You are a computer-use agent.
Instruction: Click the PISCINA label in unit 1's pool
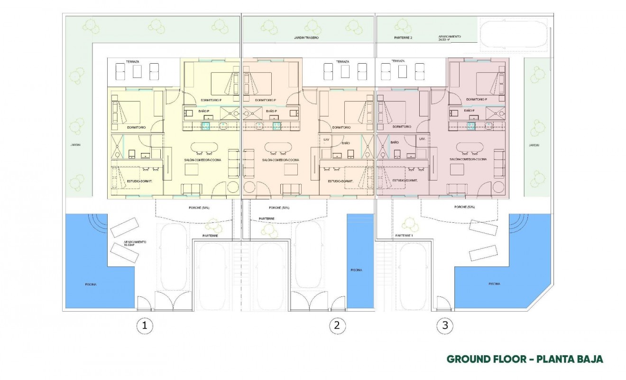pyautogui.click(x=91, y=284)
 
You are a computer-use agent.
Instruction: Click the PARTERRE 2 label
pyautogui.click(x=403, y=37)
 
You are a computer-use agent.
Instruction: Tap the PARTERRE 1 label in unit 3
pyautogui.click(x=405, y=236)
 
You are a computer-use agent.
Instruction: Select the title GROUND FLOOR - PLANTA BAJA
pyautogui.click(x=525, y=359)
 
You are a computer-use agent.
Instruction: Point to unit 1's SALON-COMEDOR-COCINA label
pyautogui.click(x=203, y=160)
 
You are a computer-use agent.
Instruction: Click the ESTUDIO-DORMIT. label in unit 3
pyautogui.click(x=405, y=181)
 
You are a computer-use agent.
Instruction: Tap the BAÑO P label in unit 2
pyautogui.click(x=271, y=111)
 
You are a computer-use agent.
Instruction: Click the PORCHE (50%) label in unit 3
pyautogui.click(x=464, y=207)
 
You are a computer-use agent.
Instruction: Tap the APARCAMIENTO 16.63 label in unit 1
pyautogui.click(x=135, y=243)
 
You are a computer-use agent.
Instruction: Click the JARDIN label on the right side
pyautogui.click(x=534, y=145)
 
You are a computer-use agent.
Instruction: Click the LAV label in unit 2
pyautogui.click(x=326, y=139)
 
